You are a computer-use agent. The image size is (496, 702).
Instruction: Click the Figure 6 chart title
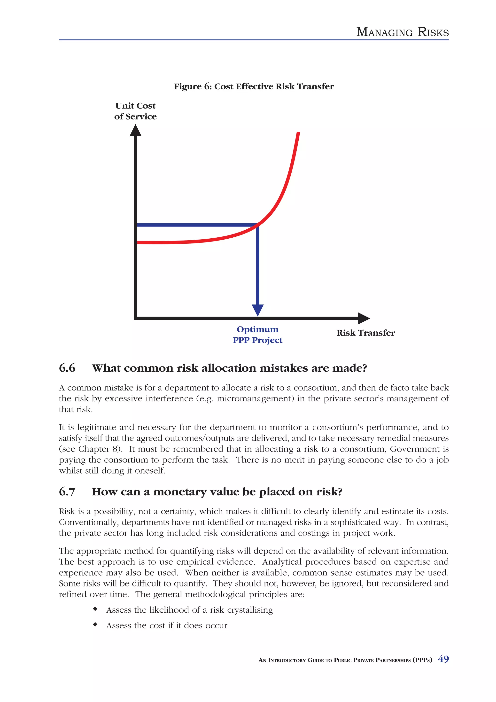pos(254,86)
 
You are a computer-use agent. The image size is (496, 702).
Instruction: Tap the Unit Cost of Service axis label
pos(135,111)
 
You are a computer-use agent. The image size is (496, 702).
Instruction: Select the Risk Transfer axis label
pos(365,333)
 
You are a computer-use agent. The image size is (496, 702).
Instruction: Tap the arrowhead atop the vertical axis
pos(135,131)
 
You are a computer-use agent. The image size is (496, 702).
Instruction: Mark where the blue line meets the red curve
pos(258,225)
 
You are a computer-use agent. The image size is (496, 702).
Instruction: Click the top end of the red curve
pos(298,133)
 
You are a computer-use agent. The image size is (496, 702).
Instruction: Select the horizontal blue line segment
pos(196,225)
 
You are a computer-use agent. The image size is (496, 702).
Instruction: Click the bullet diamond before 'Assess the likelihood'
pos(95,609)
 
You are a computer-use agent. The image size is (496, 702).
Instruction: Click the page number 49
pos(443,659)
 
